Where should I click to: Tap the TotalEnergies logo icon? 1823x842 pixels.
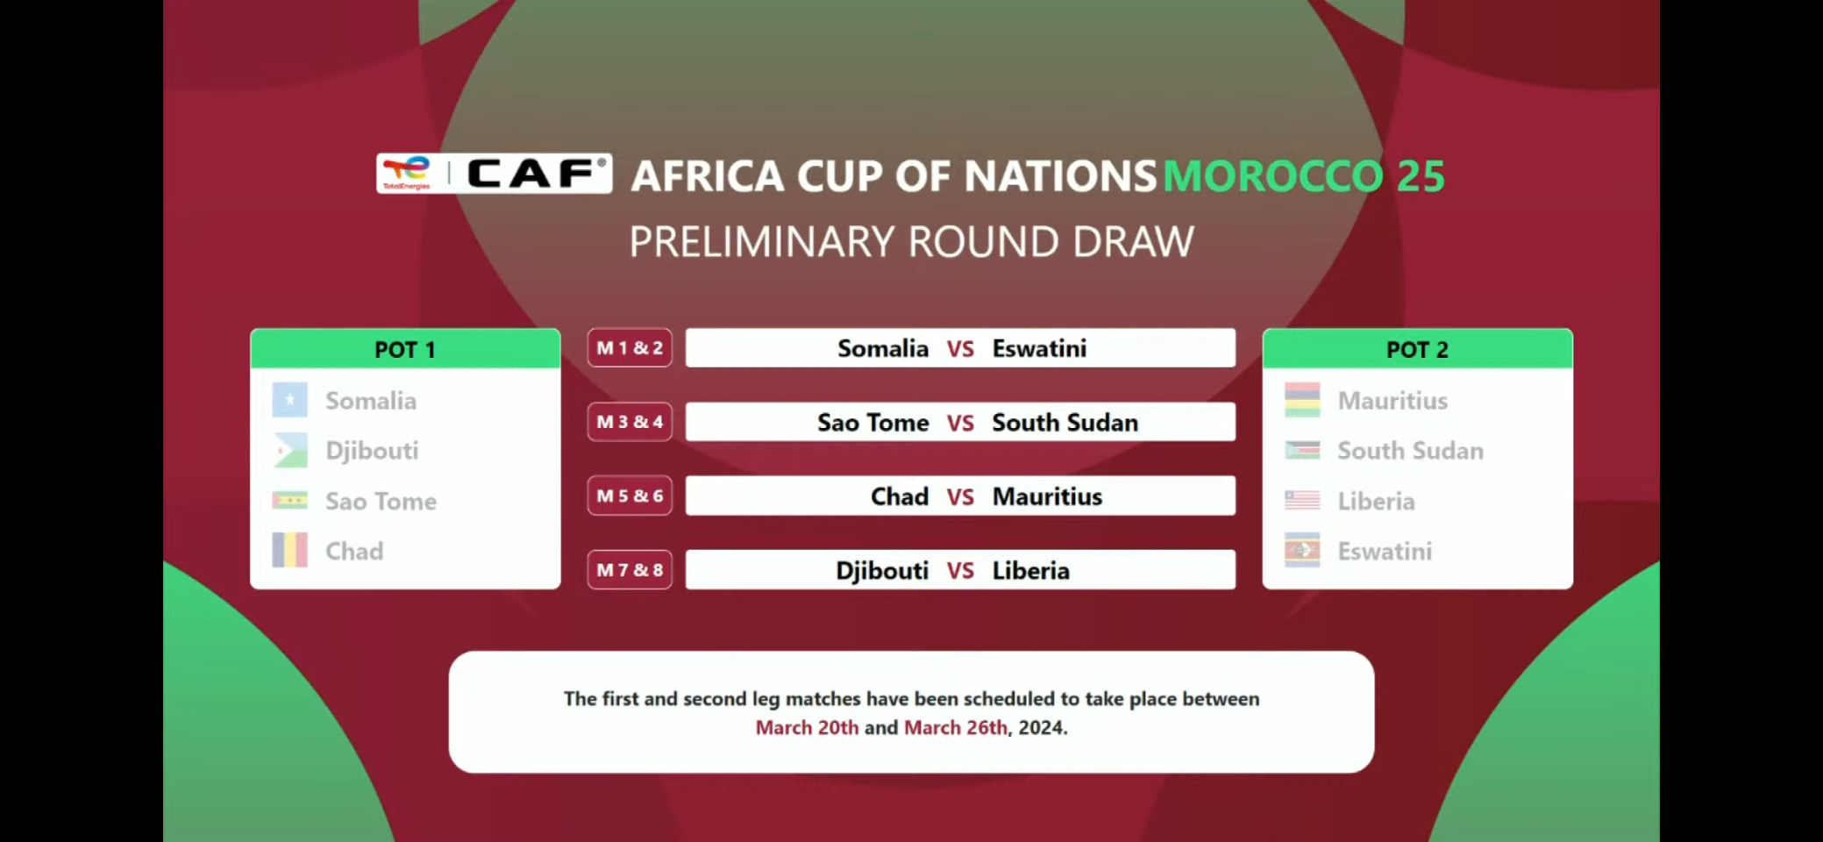(x=407, y=173)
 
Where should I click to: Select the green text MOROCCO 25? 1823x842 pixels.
(x=1303, y=176)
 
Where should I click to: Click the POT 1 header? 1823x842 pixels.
(x=405, y=349)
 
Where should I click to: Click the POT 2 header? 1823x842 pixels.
(x=1417, y=349)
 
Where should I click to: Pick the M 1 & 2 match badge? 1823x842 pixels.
(x=630, y=348)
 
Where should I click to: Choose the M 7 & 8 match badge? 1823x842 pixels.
(x=630, y=570)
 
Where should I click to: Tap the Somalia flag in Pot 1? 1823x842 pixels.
(x=289, y=400)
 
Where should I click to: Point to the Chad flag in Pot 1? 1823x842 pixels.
(x=289, y=551)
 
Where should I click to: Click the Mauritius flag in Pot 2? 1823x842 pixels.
(x=1302, y=400)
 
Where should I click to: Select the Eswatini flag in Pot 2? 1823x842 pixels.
(x=1302, y=551)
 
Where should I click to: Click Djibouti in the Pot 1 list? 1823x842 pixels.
(x=372, y=451)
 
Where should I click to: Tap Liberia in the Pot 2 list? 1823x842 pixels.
(x=1376, y=501)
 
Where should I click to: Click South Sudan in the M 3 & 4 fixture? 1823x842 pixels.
(x=1065, y=423)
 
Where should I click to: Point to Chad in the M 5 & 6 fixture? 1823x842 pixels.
(x=899, y=496)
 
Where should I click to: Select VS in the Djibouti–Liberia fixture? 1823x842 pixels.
(x=960, y=571)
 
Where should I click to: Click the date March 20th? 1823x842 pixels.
(x=807, y=728)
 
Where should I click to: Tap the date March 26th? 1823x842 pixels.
(x=956, y=728)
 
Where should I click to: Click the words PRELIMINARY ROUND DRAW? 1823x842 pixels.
(x=911, y=242)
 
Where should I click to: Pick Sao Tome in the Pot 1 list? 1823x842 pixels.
(x=381, y=501)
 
